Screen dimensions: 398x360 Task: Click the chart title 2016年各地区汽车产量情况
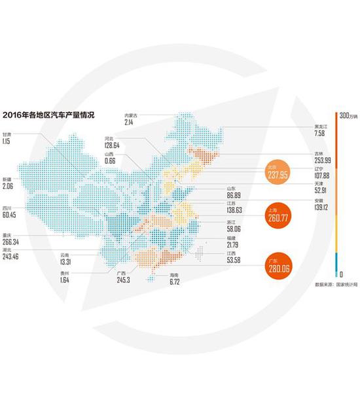(48, 115)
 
